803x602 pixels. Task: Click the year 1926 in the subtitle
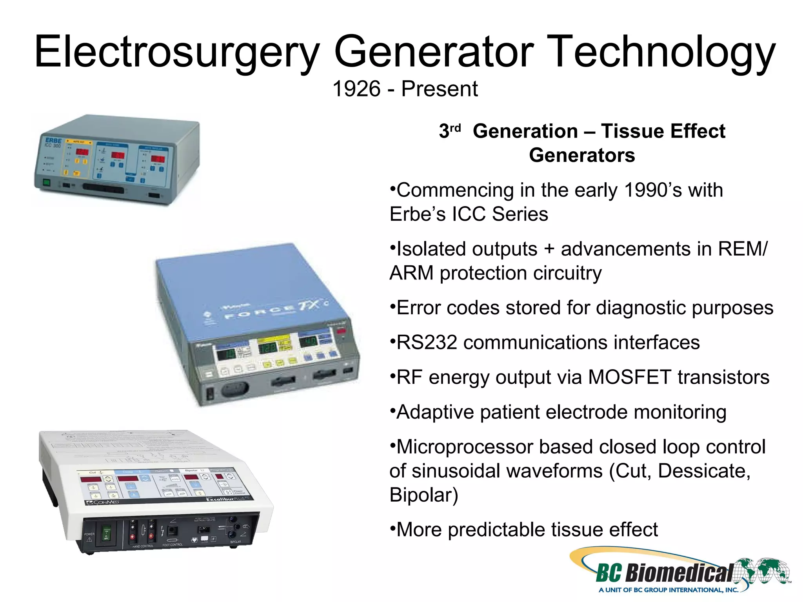coord(356,89)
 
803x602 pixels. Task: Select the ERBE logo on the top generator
coord(53,140)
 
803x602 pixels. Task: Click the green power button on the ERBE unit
coord(47,182)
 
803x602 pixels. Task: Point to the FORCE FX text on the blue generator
coord(274,310)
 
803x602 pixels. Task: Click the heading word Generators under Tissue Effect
coord(582,155)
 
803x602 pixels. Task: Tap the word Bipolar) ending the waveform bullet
coord(424,495)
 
